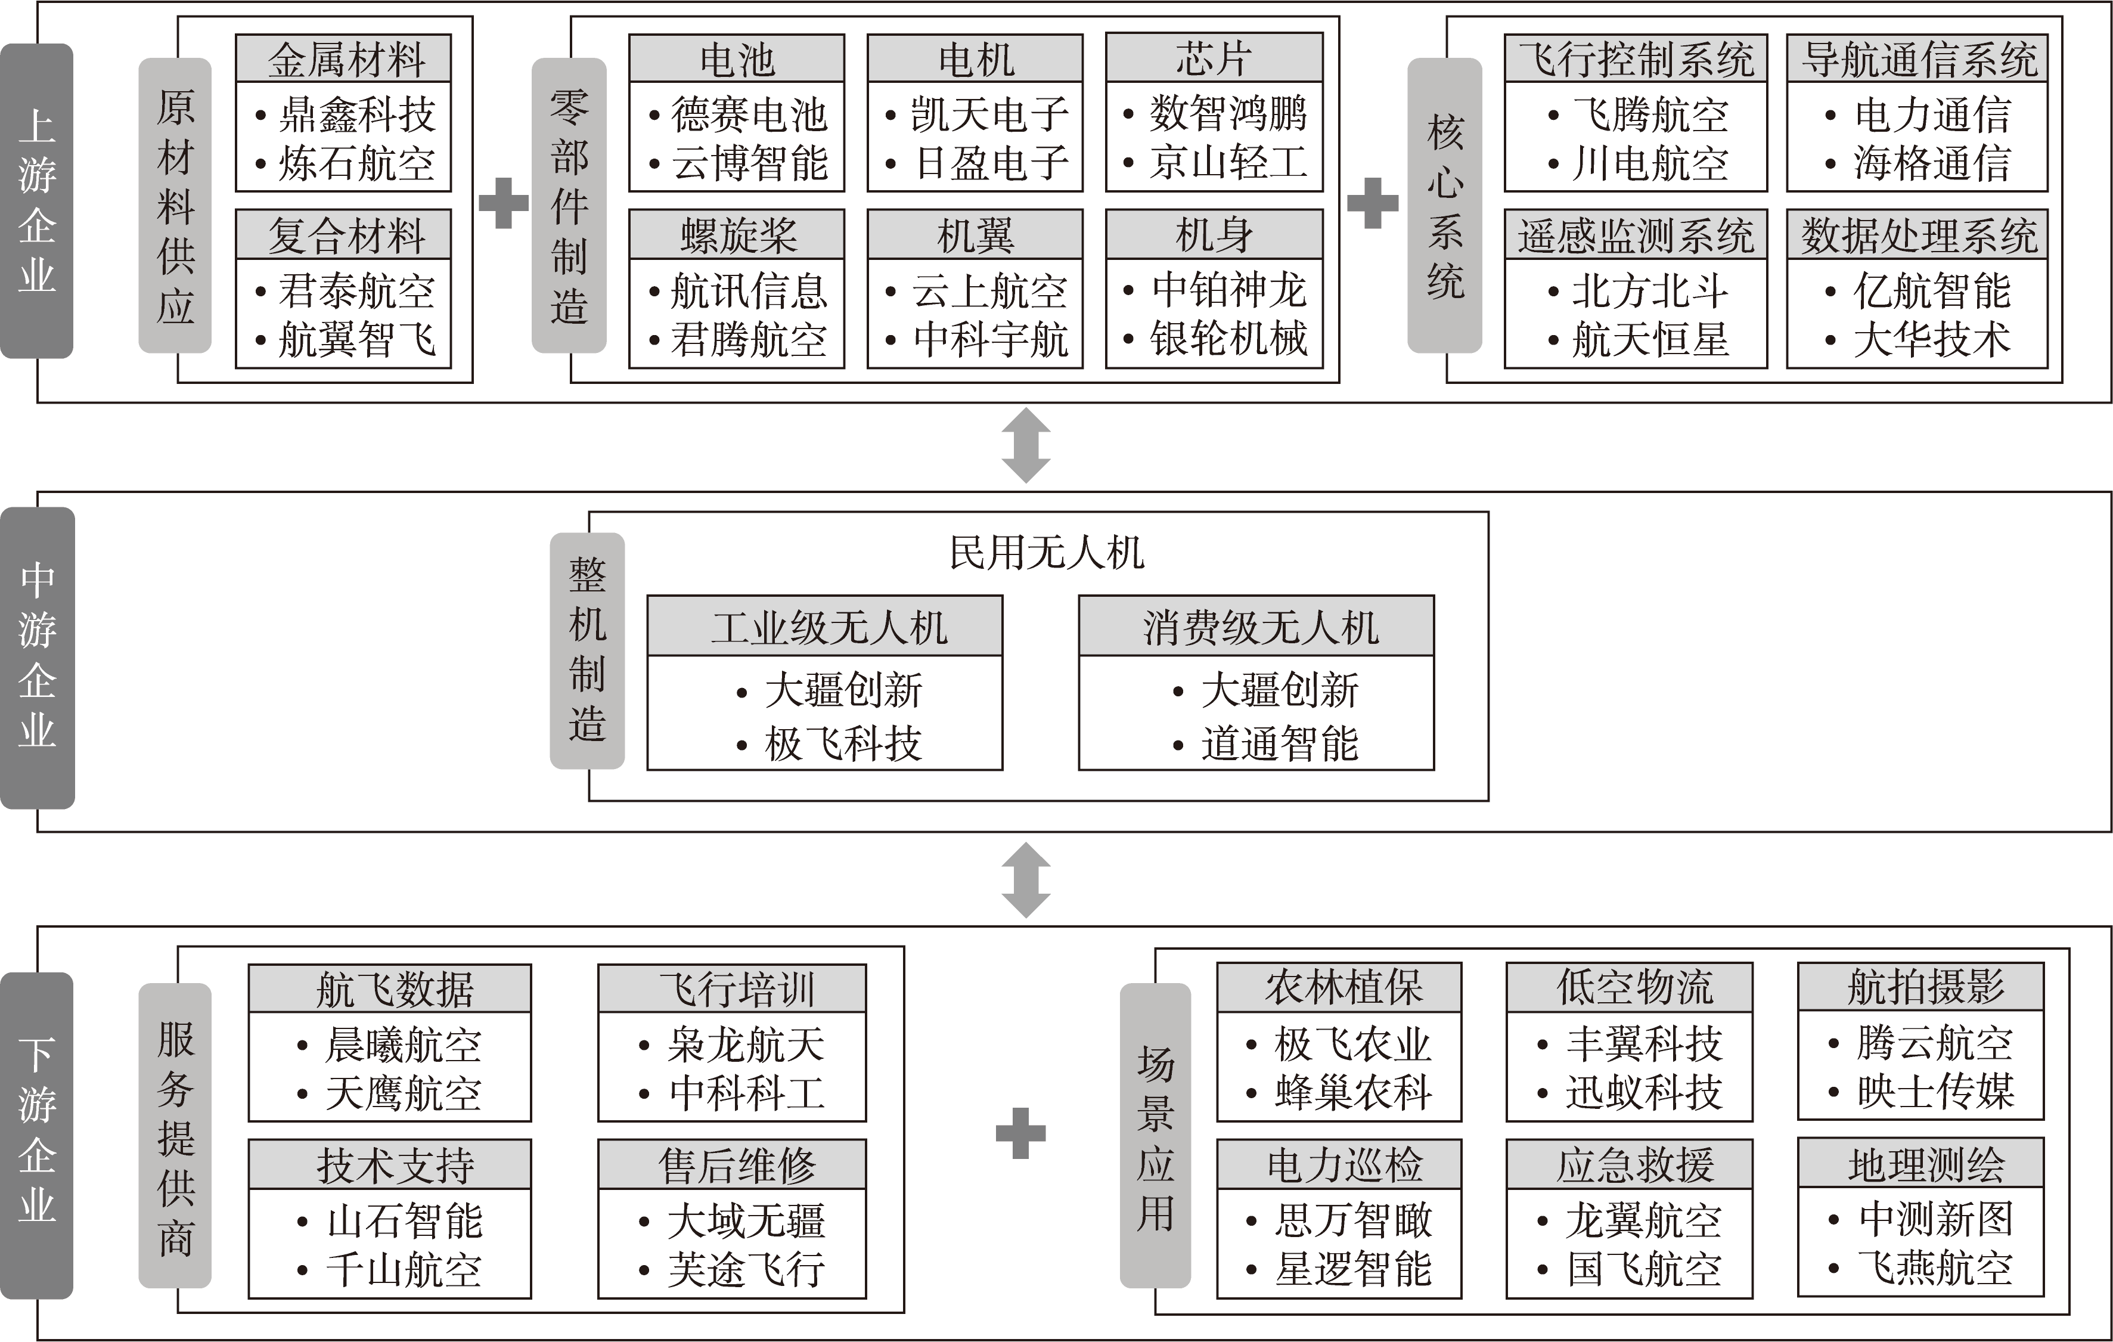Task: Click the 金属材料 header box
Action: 343,59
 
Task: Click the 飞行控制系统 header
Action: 1636,59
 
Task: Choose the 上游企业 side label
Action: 37,201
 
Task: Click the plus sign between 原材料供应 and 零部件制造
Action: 504,203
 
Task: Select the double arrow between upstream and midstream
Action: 1026,445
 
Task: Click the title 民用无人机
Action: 1046,553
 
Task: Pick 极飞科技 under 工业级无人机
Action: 842,744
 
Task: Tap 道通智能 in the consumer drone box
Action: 1279,744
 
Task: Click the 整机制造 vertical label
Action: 587,650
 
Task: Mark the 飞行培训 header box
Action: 732,988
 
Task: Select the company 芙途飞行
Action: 746,1269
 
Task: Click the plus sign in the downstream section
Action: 1020,1133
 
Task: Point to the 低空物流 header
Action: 1630,987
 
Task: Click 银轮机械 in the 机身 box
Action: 1228,339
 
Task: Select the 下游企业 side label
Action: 37,1135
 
